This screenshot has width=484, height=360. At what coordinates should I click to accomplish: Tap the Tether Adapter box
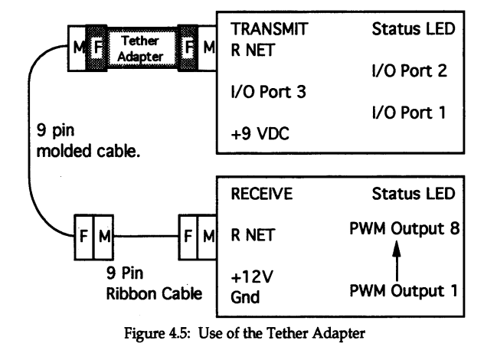coord(136,47)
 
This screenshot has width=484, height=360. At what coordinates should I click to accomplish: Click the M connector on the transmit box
coord(207,47)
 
